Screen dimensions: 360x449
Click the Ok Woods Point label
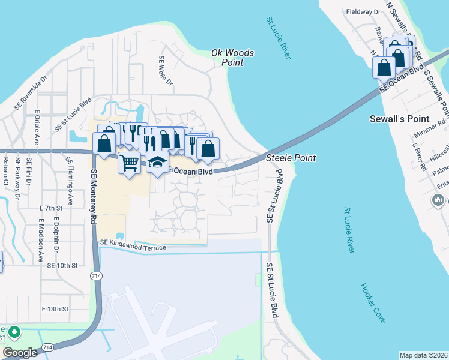(x=233, y=58)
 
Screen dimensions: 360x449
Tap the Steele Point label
(x=291, y=158)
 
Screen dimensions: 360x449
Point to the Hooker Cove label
(x=373, y=304)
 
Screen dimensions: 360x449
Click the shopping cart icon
(x=129, y=163)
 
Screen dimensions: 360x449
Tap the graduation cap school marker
(x=157, y=163)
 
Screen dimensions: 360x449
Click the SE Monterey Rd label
(x=94, y=197)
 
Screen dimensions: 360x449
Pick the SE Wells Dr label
(x=165, y=71)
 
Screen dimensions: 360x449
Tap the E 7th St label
(x=51, y=208)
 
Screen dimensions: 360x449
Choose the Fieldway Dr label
(x=364, y=11)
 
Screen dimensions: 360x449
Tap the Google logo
(x=20, y=352)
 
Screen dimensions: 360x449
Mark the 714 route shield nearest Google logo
(x=47, y=347)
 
